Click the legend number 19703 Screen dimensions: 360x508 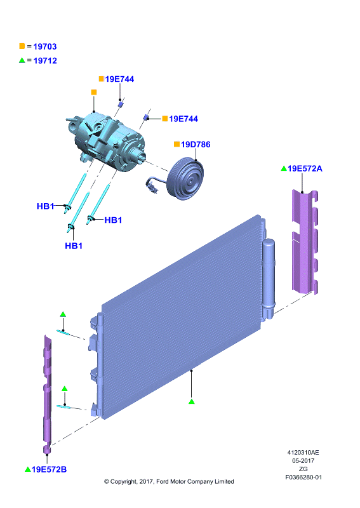pyautogui.click(x=45, y=46)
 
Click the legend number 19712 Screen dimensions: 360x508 pyautogui.click(x=45, y=60)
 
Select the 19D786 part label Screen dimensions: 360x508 pyautogui.click(x=196, y=145)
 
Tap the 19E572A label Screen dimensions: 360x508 pyautogui.click(x=305, y=168)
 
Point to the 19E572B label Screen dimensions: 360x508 pyautogui.click(x=50, y=469)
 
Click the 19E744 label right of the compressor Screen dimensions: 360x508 pyautogui.click(x=183, y=119)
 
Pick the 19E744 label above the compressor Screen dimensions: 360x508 pyautogui.click(x=119, y=79)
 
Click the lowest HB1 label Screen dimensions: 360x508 pyautogui.click(x=74, y=246)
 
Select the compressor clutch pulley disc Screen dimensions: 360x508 pyautogui.click(x=185, y=178)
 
